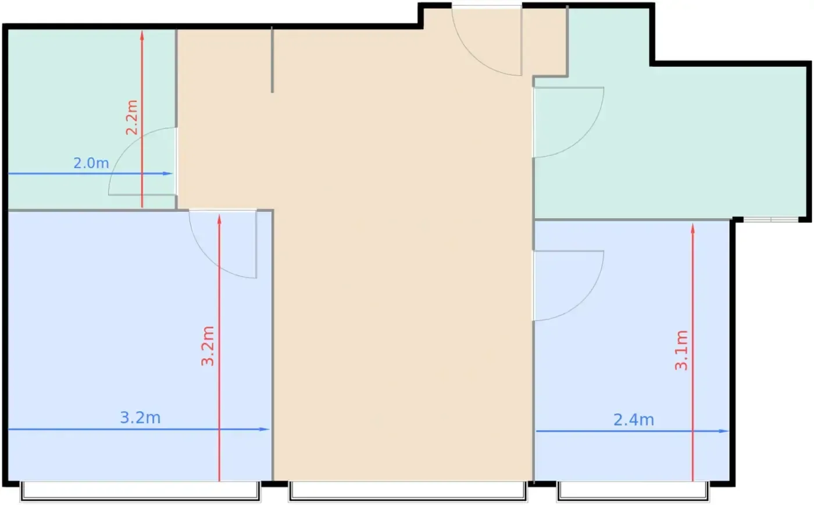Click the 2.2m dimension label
131,118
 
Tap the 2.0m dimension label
91,163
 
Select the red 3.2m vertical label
208,346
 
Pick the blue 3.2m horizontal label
140,418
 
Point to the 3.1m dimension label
681,350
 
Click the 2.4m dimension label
634,420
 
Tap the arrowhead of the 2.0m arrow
168,174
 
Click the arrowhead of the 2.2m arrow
142,35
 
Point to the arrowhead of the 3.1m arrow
692,228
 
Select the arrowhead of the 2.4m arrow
724,431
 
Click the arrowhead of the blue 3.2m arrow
264,429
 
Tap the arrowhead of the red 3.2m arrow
219,219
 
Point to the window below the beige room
408,491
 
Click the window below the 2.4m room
633,491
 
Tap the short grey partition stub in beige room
272,60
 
